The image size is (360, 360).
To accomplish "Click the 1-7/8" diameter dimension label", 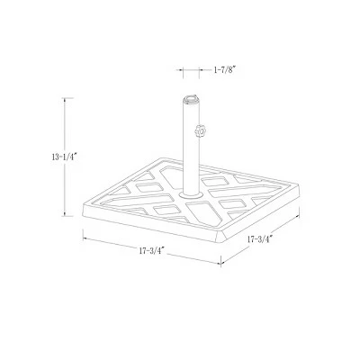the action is pos(225,70).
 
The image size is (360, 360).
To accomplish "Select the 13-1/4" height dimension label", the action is pos(65,157).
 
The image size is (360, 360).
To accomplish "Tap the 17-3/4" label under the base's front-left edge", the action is pos(152,251).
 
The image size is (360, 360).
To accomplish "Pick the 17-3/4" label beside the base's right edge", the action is pos(260,239).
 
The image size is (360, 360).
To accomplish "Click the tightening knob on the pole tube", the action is pos(202,131).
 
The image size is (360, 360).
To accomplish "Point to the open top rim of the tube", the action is pos(191,98).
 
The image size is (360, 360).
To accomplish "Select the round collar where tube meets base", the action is pos(191,195).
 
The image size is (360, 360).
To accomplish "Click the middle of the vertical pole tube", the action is pos(191,147).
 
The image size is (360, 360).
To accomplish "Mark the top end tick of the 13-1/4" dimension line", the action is pos(67,98).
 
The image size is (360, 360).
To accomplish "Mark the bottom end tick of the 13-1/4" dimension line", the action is pos(67,216).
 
